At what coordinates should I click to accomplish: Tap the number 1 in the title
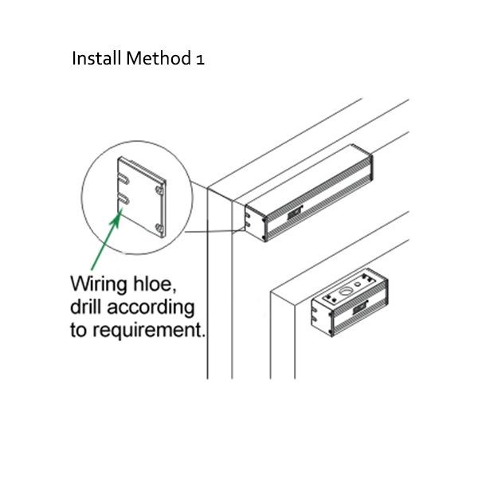(199, 60)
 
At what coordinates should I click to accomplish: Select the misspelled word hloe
(157, 283)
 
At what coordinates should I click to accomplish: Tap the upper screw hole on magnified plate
(162, 191)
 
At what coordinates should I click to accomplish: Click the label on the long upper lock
(296, 213)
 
